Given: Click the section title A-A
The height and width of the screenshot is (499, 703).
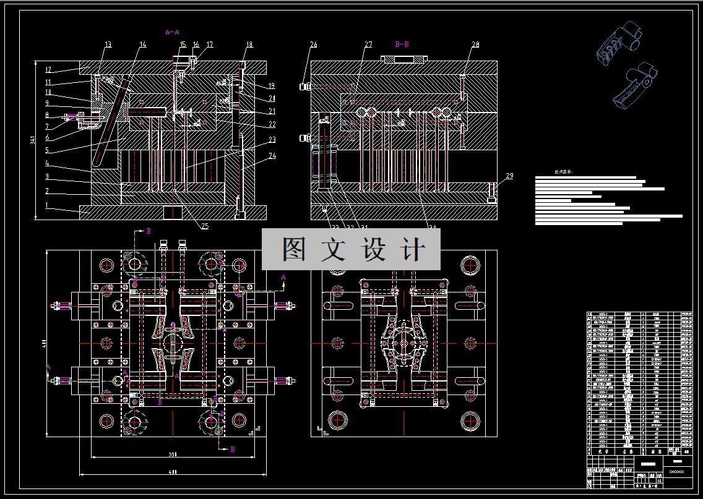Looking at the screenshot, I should click(x=172, y=32).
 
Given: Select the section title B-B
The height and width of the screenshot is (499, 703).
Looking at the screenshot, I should click(x=402, y=44).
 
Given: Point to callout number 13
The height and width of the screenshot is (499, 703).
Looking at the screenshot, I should click(x=108, y=45).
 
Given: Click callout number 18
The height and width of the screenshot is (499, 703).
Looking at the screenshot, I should click(x=249, y=45).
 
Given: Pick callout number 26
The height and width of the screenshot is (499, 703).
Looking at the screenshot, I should click(x=314, y=45).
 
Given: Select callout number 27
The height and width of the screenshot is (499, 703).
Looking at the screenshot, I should click(x=368, y=45).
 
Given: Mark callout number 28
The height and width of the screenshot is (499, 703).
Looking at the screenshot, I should click(x=475, y=45).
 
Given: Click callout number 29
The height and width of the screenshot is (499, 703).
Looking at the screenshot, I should click(x=509, y=176).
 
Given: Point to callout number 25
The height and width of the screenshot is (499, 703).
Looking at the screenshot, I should click(x=205, y=226).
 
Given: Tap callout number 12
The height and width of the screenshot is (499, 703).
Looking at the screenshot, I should click(x=48, y=69).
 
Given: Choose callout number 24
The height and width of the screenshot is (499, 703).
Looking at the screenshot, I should click(x=272, y=155).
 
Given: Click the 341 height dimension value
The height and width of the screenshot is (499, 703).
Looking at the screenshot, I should click(x=33, y=142).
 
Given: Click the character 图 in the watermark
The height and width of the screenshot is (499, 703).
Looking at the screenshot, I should click(x=296, y=249).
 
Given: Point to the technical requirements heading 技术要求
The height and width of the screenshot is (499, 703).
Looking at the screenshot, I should click(x=563, y=172).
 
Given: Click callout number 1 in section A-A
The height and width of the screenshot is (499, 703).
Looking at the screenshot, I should click(x=46, y=205).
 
